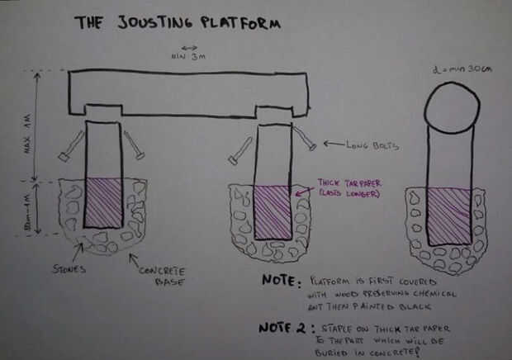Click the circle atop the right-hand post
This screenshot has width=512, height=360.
(x=451, y=107)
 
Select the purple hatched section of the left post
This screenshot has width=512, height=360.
(x=104, y=207)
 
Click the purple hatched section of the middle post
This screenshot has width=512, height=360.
(x=273, y=213)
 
